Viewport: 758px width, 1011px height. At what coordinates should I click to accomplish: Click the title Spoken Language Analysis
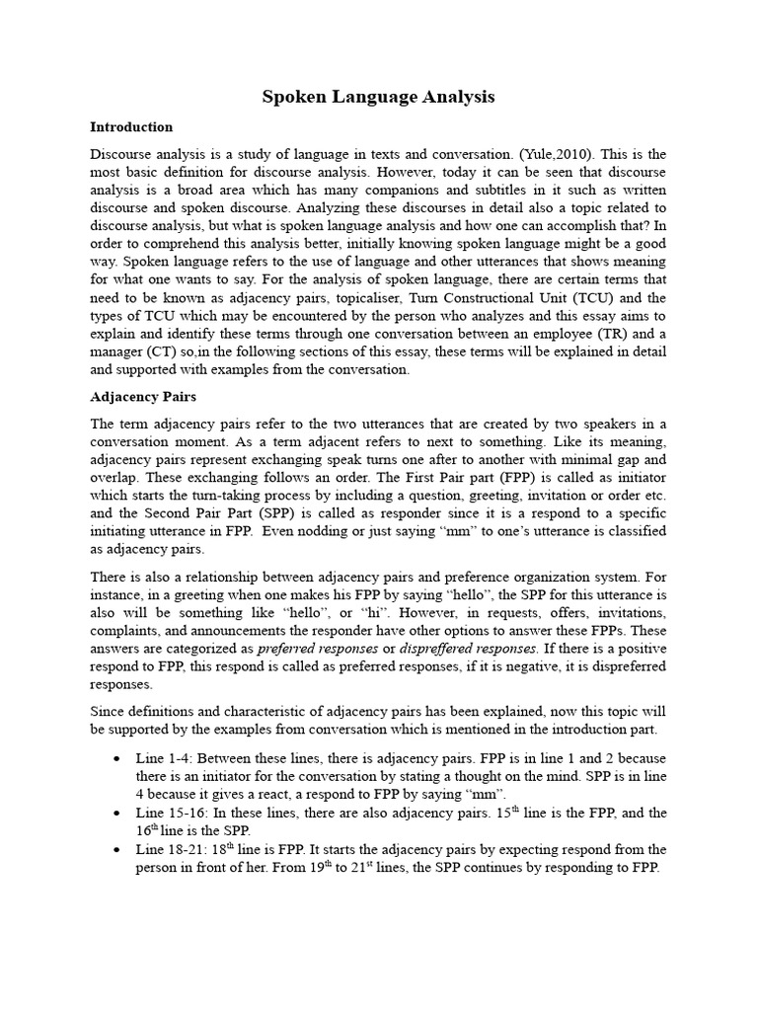coord(378,97)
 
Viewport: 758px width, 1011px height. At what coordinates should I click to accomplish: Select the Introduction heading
coord(131,127)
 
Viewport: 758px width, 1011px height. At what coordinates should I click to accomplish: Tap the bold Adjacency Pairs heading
coord(143,397)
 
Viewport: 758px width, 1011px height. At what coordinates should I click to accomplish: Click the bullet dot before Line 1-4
coord(117,759)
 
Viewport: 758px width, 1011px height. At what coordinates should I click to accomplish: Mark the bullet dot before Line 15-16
coord(117,814)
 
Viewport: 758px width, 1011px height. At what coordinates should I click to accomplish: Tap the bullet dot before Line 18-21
coord(117,850)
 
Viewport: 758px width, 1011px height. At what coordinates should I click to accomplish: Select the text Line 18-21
coord(171,850)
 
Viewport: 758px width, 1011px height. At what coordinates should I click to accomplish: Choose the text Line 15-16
coord(171,814)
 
